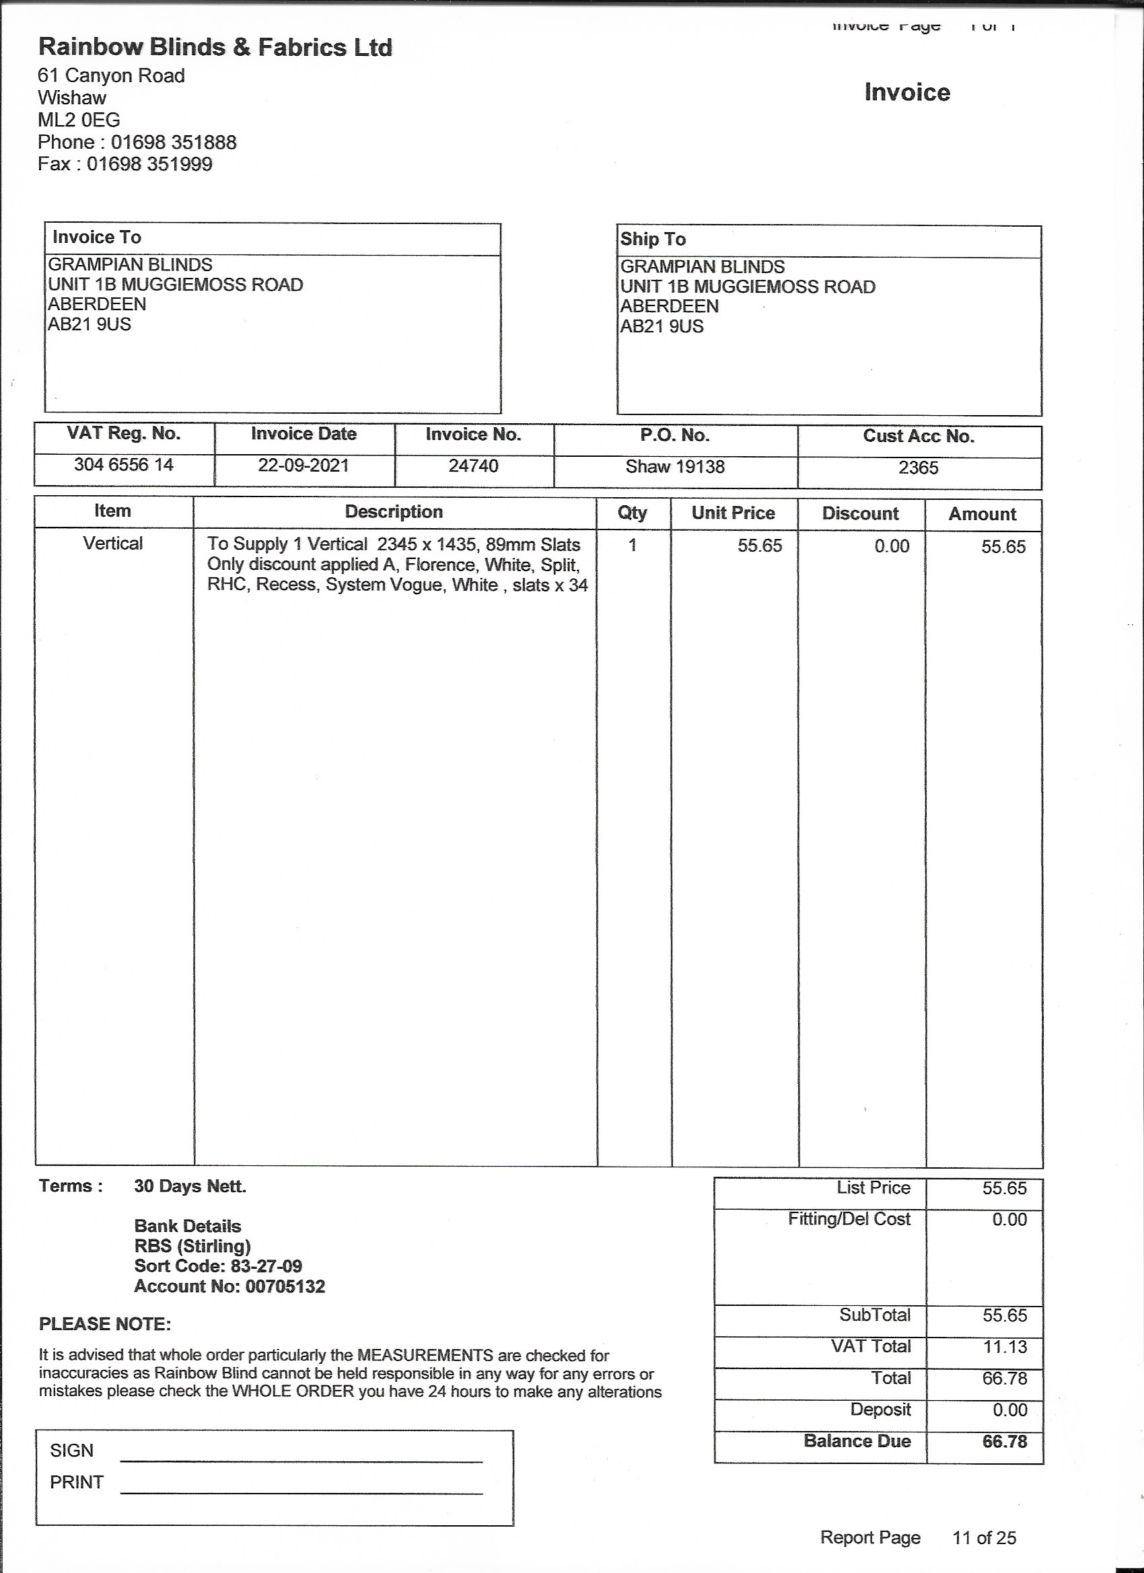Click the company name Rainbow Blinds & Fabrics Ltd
click(x=215, y=47)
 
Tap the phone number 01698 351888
click(x=174, y=142)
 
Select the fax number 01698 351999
click(x=149, y=164)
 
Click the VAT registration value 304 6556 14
click(x=124, y=464)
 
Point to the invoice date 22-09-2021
click(x=303, y=465)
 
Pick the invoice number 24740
click(x=473, y=466)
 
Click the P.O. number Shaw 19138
click(x=675, y=466)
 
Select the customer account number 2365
click(x=918, y=468)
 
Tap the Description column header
click(x=394, y=512)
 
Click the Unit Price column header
click(x=733, y=513)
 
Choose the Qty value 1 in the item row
click(x=632, y=545)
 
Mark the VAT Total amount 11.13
click(x=1004, y=1347)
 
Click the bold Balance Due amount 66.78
click(x=1004, y=1441)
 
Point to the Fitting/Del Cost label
click(x=849, y=1219)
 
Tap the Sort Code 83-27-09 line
click(x=218, y=1266)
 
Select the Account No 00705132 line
click(x=229, y=1286)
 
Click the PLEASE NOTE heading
click(x=105, y=1324)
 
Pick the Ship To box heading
click(x=653, y=240)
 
